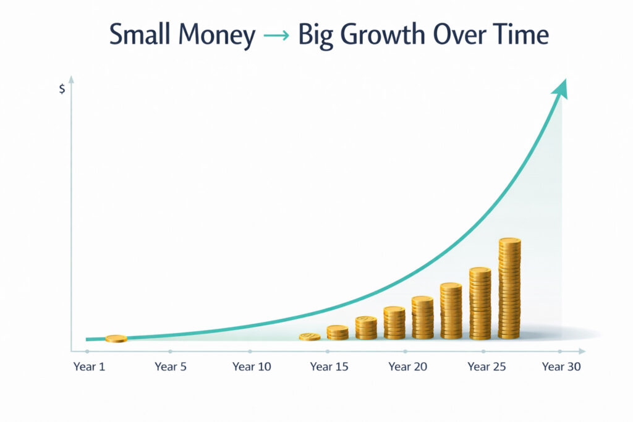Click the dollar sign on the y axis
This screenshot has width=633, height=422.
click(62, 89)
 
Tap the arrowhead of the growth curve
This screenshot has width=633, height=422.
click(560, 88)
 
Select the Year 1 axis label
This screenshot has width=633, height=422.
click(89, 367)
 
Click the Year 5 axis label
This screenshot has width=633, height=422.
click(170, 367)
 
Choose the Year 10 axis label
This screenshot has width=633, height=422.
click(252, 367)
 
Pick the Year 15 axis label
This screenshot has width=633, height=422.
click(329, 367)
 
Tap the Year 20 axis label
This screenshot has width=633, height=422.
click(408, 367)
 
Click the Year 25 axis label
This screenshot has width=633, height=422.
click(487, 367)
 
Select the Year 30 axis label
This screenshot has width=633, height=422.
click(561, 367)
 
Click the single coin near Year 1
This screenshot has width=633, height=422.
click(116, 339)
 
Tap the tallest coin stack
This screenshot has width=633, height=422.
click(510, 289)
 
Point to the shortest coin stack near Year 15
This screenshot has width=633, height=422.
click(310, 337)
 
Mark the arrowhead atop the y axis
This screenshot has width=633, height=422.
click(72, 79)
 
